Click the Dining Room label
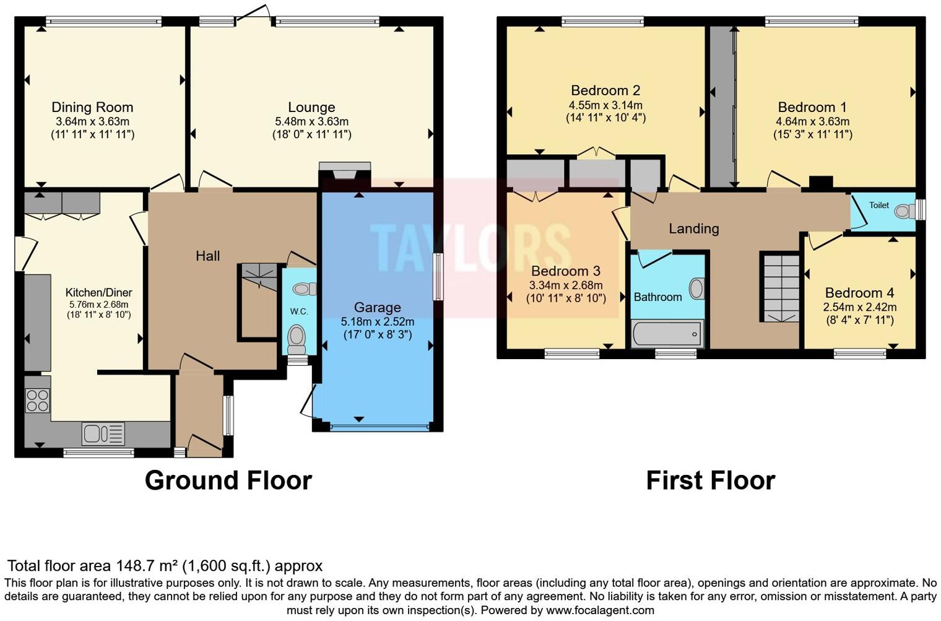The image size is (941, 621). click(x=92, y=107)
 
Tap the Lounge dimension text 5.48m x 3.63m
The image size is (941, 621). click(x=311, y=121)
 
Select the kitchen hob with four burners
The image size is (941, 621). click(x=37, y=400)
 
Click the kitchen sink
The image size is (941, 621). click(x=103, y=433)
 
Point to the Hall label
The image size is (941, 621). click(x=207, y=256)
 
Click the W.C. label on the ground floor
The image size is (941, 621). click(x=299, y=311)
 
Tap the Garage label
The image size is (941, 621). click(x=377, y=307)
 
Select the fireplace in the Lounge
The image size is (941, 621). click(x=345, y=171)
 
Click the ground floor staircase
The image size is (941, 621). click(x=259, y=277)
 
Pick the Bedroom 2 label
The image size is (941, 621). click(x=605, y=90)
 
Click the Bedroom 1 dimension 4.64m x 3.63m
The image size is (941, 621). click(x=812, y=121)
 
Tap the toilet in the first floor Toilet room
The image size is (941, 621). click(x=905, y=211)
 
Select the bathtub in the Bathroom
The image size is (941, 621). click(x=667, y=334)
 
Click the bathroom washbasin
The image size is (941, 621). click(x=696, y=289)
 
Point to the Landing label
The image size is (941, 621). click(x=693, y=228)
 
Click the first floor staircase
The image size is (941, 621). click(x=781, y=287)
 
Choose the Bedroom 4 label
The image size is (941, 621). click(x=859, y=293)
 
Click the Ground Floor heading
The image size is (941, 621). click(x=228, y=480)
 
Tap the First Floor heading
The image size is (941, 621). click(x=710, y=480)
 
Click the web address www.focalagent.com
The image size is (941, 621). click(x=600, y=610)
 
